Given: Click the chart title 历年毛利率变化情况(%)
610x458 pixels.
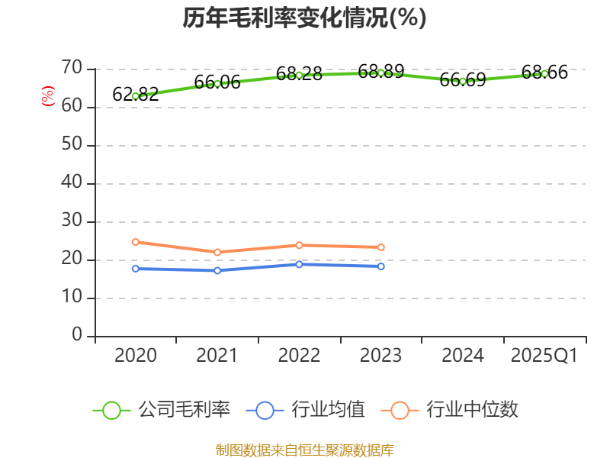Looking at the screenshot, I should (x=304, y=18).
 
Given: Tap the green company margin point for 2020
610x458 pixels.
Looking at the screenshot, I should (x=135, y=96).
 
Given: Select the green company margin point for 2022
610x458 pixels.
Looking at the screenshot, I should (x=299, y=75).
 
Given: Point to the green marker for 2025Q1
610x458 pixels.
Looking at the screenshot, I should (x=544, y=74).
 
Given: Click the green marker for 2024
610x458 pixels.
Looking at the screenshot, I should (x=463, y=81).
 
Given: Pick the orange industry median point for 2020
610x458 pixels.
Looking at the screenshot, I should (x=135, y=242).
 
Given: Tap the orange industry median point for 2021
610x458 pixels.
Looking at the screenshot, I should (x=217, y=252).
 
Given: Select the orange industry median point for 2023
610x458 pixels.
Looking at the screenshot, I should (x=381, y=247).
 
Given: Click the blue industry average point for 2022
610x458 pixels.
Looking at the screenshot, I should (x=299, y=264).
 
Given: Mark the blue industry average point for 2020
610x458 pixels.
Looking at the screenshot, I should (x=135, y=269).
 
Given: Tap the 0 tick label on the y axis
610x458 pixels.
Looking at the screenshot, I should (x=77, y=336).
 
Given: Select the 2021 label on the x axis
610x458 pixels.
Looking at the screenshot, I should (x=217, y=356).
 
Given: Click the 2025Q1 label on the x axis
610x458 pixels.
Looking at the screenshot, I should (x=544, y=356).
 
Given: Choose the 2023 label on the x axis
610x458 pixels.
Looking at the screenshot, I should (x=381, y=356).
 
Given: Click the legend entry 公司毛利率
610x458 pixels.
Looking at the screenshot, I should (x=184, y=410).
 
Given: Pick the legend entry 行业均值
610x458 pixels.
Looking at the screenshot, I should (x=328, y=410).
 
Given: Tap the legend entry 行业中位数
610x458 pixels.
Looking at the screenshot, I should (x=472, y=410).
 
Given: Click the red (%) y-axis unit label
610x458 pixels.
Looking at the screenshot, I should (x=48, y=97).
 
